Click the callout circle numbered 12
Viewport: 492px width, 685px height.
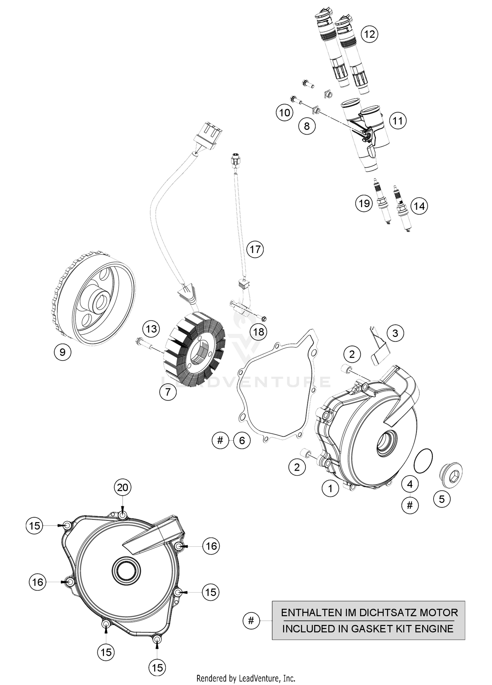coord(369,34)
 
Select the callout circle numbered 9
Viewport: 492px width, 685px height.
coord(62,352)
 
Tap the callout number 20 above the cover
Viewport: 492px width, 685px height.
coord(122,488)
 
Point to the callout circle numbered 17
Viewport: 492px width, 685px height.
coord(255,249)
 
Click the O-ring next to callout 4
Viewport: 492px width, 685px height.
coord(423,460)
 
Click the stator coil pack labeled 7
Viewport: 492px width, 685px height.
coord(197,351)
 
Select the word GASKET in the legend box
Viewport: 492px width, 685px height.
coord(375,629)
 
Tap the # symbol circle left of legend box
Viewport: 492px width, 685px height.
coord(251,620)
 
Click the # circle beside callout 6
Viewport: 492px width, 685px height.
coord(220,440)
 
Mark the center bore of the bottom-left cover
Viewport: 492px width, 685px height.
coord(126,571)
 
